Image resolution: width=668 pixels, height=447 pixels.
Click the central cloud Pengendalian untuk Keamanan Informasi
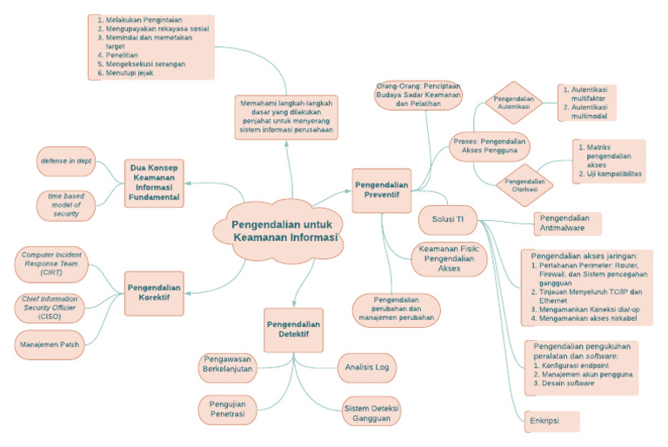click(276, 231)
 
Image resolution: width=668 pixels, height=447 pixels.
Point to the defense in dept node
click(65, 162)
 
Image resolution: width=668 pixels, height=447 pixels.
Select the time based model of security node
click(65, 205)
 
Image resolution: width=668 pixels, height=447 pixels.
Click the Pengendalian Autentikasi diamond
click(513, 104)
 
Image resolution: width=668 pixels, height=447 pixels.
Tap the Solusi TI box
click(448, 218)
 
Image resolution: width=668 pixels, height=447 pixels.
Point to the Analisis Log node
click(366, 368)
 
